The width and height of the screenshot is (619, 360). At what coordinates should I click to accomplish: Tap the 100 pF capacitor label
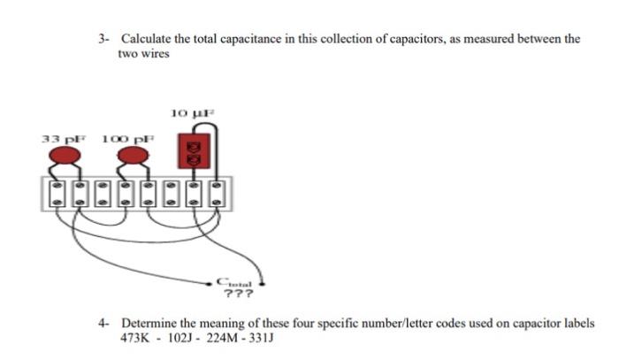tap(128, 139)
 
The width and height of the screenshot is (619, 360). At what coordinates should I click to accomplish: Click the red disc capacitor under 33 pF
tap(61, 157)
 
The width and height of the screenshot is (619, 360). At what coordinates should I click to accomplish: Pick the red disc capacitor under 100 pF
tap(134, 157)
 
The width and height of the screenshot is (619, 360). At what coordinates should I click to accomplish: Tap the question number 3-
tap(104, 39)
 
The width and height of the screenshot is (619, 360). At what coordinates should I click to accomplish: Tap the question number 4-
tap(104, 324)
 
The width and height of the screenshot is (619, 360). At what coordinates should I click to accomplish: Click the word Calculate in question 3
tap(145, 39)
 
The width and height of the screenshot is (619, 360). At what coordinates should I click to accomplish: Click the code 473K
tap(134, 338)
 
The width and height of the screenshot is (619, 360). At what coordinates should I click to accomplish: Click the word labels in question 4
tap(577, 324)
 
